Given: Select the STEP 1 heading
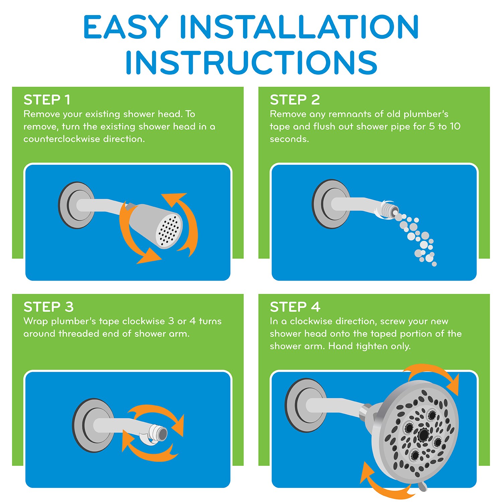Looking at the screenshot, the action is [47, 100].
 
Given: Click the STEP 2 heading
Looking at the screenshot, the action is [295, 100].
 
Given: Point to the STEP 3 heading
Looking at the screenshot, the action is [49, 307].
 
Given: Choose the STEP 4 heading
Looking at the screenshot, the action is [295, 307].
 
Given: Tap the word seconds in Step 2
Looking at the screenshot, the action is [289, 139].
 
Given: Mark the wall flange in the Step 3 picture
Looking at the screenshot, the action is [91, 425].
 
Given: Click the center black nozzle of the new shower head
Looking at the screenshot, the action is [423, 434].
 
